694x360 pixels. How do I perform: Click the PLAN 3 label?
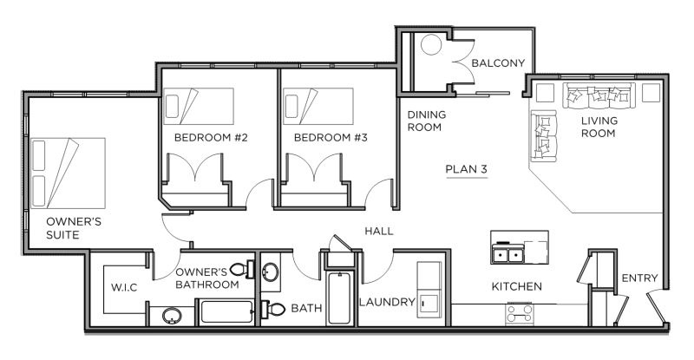[x=466, y=169]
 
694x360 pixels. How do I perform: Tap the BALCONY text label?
[x=498, y=62]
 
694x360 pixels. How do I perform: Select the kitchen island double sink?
[x=508, y=255]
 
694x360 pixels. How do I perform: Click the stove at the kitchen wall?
[x=519, y=313]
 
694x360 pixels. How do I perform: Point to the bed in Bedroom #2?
[x=199, y=107]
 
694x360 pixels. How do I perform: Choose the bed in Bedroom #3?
[x=318, y=107]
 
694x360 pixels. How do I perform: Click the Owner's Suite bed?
[x=68, y=173]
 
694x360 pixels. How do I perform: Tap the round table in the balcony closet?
[x=431, y=45]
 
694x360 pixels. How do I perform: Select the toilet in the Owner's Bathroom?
[x=242, y=269]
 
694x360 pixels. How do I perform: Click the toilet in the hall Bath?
[x=272, y=309]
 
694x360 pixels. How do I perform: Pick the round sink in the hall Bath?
[x=270, y=272]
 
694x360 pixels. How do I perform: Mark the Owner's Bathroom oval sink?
[x=172, y=316]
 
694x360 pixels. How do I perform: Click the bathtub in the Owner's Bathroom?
[x=227, y=311]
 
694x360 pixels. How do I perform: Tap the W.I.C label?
[x=124, y=288]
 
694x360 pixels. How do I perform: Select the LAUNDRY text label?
[x=387, y=303]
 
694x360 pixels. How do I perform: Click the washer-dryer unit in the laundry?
[x=429, y=290]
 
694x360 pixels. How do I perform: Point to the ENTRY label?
[x=639, y=278]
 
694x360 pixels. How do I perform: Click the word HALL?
[x=379, y=231]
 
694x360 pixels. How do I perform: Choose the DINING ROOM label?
[x=426, y=121]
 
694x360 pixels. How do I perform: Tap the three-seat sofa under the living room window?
[x=599, y=95]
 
